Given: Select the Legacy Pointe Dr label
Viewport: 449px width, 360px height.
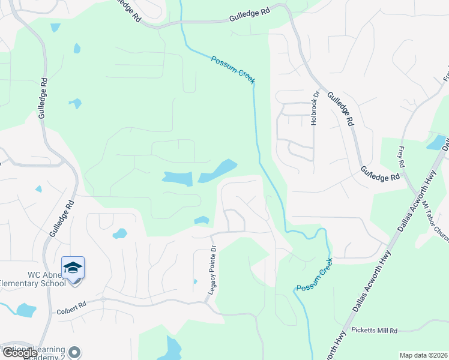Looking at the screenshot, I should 212,272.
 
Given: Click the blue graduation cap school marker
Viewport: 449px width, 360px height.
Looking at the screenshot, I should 73,268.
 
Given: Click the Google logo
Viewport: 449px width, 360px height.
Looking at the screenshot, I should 19,353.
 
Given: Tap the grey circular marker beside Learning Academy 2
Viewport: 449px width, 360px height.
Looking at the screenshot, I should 74,352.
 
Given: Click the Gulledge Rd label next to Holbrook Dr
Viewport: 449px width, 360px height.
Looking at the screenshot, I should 339,109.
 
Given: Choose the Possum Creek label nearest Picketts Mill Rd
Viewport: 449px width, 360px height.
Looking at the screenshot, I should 315,279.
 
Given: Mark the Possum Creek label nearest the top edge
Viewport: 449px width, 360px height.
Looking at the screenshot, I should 233,70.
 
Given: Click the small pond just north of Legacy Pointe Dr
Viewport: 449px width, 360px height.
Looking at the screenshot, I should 202,220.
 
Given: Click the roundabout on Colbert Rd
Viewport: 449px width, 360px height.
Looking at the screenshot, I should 103,299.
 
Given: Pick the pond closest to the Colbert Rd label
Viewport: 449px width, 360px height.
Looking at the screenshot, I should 26,310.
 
